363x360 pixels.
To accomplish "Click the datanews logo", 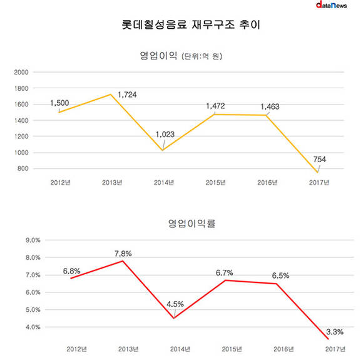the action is tap(331, 5).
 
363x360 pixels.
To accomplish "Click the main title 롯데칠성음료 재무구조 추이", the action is tap(191, 24).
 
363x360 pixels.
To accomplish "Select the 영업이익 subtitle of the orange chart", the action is tap(158, 56).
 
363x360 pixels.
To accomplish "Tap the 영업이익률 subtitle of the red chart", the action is tap(192, 224).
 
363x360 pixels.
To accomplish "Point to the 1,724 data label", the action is tap(127, 95).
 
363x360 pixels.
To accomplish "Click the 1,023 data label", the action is tap(165, 135).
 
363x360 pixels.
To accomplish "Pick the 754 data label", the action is tap(319, 160).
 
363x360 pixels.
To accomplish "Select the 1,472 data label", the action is tap(215, 106).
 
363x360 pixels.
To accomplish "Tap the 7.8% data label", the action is tap(123, 254).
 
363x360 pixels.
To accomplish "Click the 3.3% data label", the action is tap(335, 332).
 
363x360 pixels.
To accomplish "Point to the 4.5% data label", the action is tap(175, 304).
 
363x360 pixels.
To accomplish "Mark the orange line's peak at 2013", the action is tap(111, 95).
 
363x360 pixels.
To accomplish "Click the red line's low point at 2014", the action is tap(174, 318).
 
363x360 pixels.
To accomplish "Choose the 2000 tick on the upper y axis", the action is tap(21, 72).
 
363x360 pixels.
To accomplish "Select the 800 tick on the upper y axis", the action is tap(23, 168).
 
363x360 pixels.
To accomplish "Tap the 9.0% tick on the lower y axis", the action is tap(33, 240).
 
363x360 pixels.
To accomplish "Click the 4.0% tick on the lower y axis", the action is tap(33, 327).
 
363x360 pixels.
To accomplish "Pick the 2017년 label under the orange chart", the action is tap(319, 183).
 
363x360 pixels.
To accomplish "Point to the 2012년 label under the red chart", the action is tap(76, 349).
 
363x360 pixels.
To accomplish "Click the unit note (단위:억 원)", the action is tap(202, 56).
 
